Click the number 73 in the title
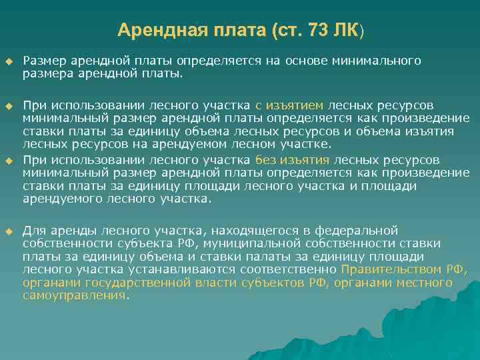click(319, 30)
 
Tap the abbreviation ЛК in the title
click(348, 30)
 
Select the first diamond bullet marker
click(9, 61)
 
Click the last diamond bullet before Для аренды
click(9, 231)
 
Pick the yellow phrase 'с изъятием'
click(289, 105)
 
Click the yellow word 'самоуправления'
click(74, 295)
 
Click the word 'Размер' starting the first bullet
click(42, 61)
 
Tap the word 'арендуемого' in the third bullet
click(57, 199)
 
